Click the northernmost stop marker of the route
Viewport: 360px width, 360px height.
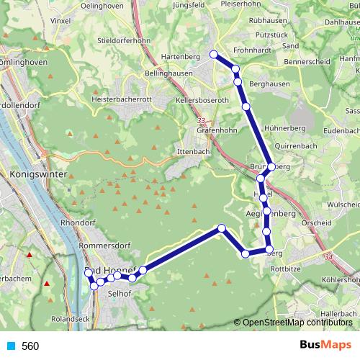[x=213, y=54]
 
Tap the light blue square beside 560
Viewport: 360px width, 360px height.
[x=10, y=346]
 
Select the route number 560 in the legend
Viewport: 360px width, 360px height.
[x=30, y=346]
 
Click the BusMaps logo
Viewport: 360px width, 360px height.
[x=325, y=346]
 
